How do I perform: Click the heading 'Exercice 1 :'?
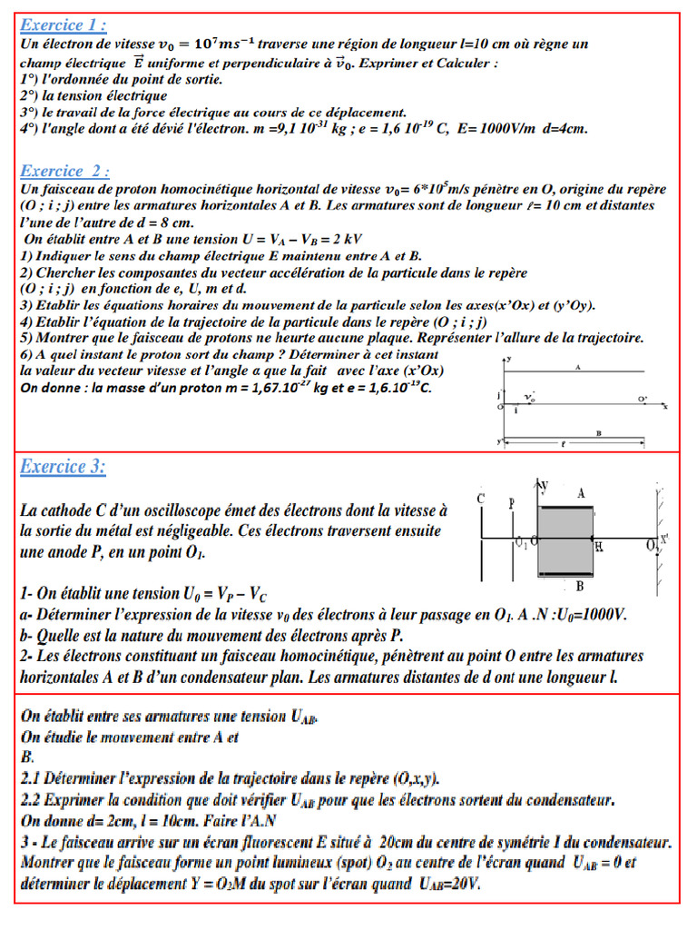(x=64, y=25)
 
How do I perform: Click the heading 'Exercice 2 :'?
(x=65, y=171)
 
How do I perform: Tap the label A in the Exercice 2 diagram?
(x=576, y=366)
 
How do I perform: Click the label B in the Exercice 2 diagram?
(x=599, y=434)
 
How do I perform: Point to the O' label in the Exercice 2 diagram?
(x=643, y=399)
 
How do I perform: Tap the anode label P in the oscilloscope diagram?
(x=512, y=501)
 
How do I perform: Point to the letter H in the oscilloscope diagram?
(x=598, y=547)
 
